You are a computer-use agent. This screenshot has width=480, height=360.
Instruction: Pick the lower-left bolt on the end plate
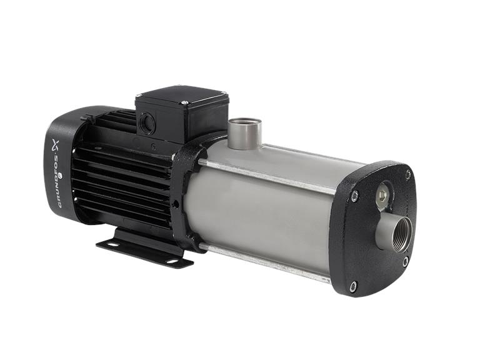coord(353,286)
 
